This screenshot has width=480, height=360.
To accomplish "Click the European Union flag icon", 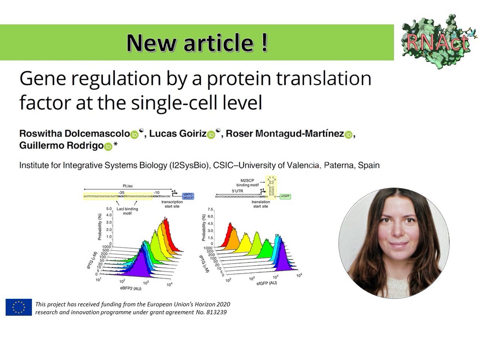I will point(18,307).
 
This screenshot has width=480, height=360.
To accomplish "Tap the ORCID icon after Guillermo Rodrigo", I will point(108,147).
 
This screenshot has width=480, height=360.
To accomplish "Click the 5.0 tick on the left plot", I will point(108,209).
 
